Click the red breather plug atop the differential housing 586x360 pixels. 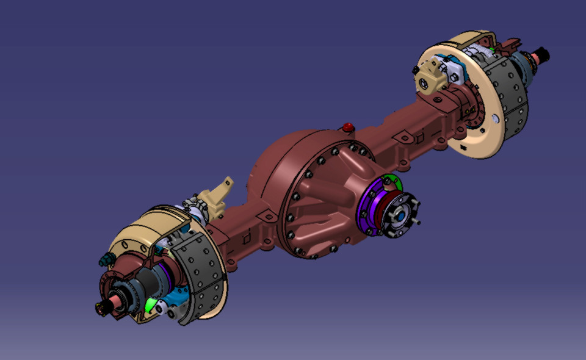point(349,128)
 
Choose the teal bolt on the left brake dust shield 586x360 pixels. point(104,261)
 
